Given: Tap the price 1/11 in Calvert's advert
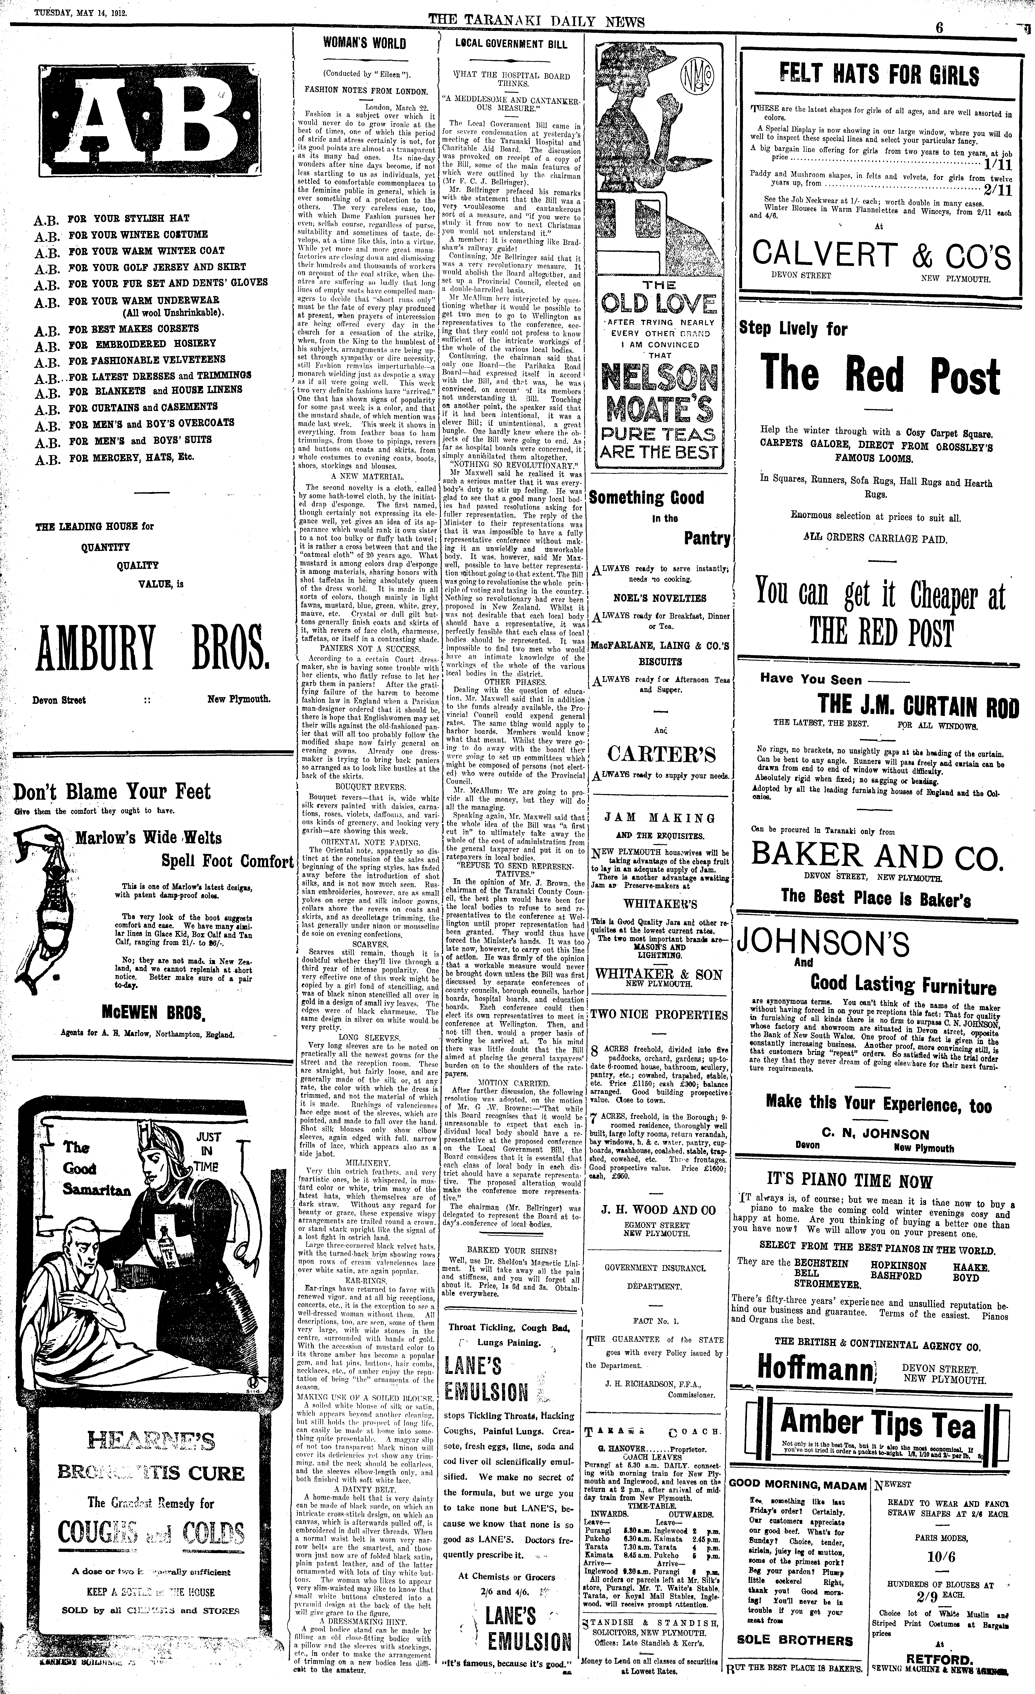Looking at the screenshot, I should pos(997,165).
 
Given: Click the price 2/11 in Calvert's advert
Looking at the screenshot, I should pos(997,190).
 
